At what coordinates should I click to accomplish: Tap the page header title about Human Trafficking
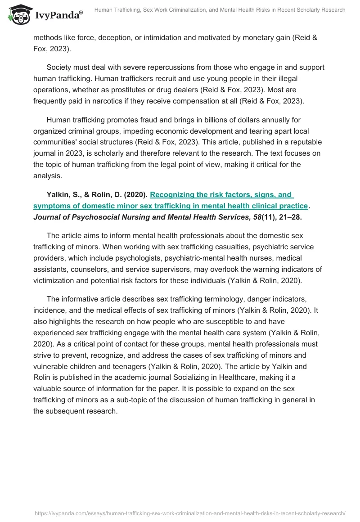tap(220, 10)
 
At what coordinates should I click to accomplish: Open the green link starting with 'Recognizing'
tap(221, 195)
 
